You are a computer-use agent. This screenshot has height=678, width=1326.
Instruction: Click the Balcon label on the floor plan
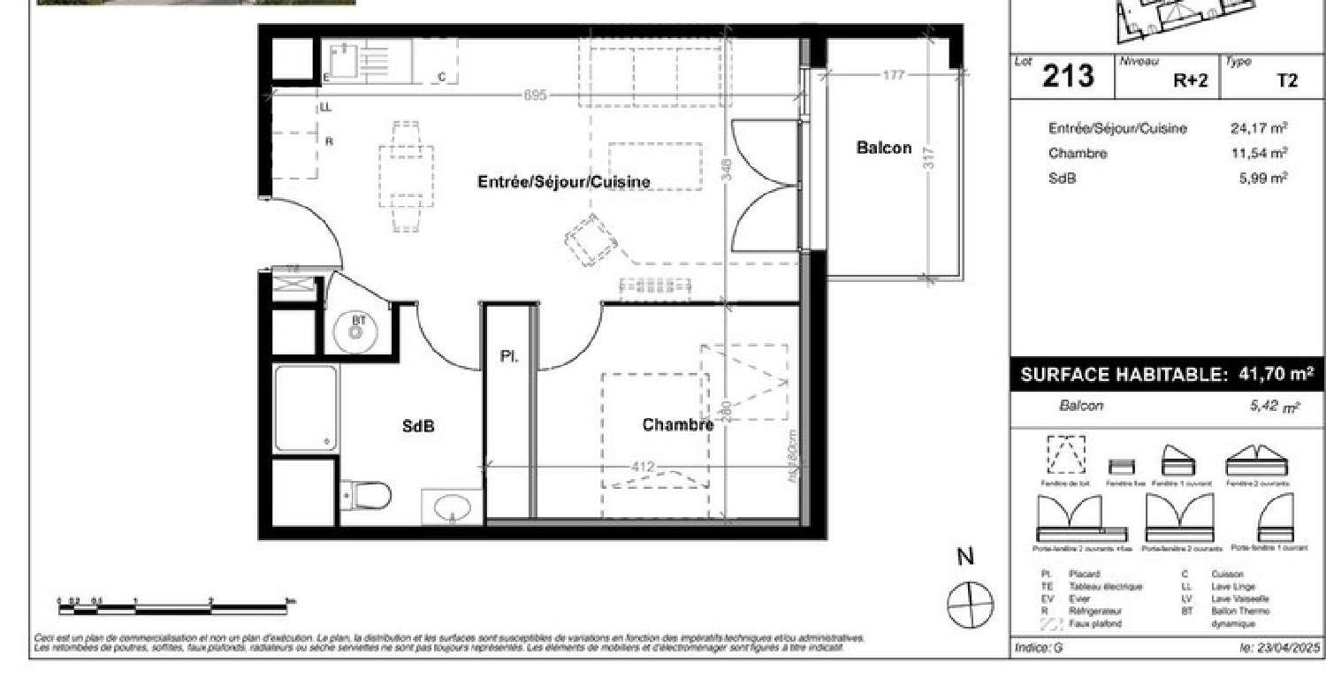(x=883, y=148)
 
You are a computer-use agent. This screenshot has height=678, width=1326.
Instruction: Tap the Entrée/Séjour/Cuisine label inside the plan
(x=564, y=182)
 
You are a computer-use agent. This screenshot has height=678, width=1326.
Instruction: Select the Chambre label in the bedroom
(x=677, y=425)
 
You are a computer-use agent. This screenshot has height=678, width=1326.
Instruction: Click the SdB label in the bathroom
(x=418, y=426)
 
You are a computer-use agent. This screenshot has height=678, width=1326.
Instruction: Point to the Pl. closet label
(x=509, y=357)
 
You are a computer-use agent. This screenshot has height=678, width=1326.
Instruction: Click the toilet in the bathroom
(x=367, y=495)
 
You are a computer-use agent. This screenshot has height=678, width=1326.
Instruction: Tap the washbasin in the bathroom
(x=453, y=507)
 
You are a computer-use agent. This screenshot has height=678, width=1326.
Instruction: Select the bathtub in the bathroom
(x=305, y=408)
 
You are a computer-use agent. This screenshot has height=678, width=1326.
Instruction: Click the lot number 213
(x=1068, y=77)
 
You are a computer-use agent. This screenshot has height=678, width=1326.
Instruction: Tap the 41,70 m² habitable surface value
(x=1271, y=375)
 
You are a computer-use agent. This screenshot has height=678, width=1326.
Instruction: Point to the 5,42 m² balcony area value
(x=1271, y=407)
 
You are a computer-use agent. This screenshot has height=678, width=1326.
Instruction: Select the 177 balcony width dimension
(x=894, y=75)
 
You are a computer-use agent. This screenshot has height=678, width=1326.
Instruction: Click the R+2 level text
(x=1190, y=80)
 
